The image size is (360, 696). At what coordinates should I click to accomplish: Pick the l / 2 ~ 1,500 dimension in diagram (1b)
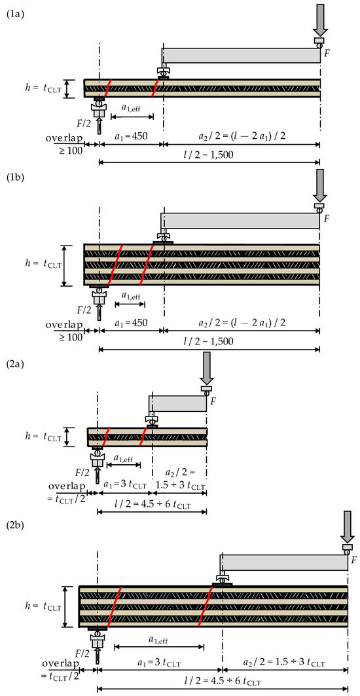[209, 341]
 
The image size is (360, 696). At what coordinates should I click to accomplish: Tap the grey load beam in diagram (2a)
[177, 403]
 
